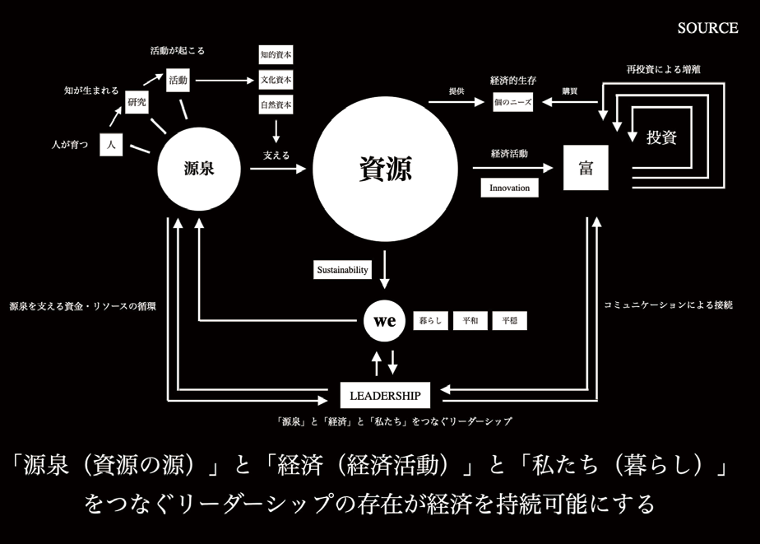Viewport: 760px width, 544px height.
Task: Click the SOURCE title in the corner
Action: [x=707, y=28]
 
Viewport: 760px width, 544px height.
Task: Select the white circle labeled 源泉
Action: [x=199, y=170]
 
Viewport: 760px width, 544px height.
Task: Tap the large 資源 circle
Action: [x=385, y=170]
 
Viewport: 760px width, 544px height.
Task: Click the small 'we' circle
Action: [x=385, y=321]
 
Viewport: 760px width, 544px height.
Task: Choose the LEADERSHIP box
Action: [x=385, y=396]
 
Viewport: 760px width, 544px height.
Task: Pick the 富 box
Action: [x=586, y=168]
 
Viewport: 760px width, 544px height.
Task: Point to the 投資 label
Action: [x=661, y=137]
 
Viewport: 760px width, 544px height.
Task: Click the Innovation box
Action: [x=510, y=188]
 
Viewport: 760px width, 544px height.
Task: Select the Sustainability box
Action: [x=343, y=269]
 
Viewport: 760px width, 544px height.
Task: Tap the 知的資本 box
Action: [x=276, y=55]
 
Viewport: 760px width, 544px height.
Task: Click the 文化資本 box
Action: [x=276, y=80]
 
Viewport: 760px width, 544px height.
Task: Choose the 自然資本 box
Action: [x=276, y=105]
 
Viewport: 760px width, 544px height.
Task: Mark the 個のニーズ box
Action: [x=512, y=102]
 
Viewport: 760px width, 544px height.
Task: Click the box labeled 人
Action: [x=111, y=145]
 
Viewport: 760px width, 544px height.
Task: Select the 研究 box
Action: [x=136, y=102]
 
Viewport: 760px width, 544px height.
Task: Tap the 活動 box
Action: [x=178, y=80]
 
